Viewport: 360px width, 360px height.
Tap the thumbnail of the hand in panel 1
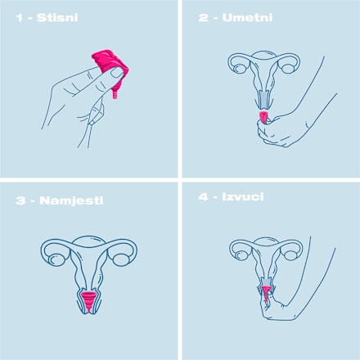116,74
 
